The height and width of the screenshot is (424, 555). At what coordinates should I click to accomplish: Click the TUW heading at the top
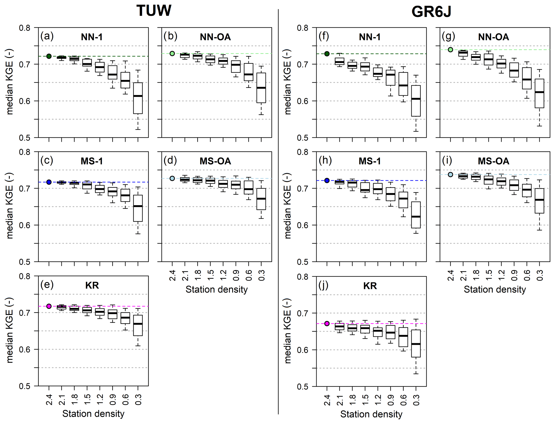pos(154,11)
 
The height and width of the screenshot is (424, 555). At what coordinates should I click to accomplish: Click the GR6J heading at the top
pos(431,12)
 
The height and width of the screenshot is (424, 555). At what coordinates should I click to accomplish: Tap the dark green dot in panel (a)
pos(49,56)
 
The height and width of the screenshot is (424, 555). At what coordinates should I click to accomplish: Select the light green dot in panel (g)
pos(450,50)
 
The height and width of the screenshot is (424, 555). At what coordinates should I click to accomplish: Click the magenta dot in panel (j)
pos(327,324)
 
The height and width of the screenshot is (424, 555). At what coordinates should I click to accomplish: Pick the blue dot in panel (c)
pos(49,182)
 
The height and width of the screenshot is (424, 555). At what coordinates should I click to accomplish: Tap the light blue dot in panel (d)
pos(172,179)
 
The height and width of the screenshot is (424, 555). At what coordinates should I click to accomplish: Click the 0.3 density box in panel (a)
pos(138,98)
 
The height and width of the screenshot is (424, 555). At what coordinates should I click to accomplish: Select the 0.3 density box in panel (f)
pos(416,101)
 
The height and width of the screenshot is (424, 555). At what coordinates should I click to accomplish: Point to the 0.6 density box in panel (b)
pos(249,72)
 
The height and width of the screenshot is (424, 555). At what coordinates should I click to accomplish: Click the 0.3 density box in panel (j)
pos(416,343)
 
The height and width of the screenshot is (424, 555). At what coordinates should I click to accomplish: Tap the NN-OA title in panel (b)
pos(215,37)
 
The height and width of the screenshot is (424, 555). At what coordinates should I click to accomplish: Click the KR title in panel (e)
pos(92,285)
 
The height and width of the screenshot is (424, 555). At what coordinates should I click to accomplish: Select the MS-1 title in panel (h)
pos(370,161)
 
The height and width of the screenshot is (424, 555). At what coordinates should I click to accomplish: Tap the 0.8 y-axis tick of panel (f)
pos(302,28)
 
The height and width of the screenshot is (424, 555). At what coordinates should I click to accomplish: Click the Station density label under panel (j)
pos(371,414)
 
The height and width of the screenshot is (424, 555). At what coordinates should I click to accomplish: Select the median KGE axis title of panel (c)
pos(10,206)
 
